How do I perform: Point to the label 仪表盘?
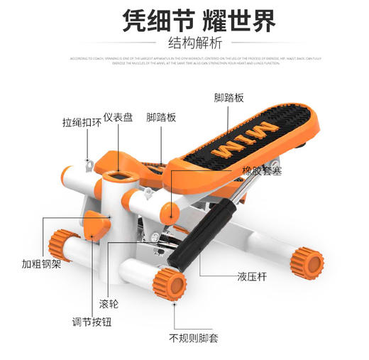(121, 117)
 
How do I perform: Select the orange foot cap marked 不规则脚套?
(169, 283)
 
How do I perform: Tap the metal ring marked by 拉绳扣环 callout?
(90, 165)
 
